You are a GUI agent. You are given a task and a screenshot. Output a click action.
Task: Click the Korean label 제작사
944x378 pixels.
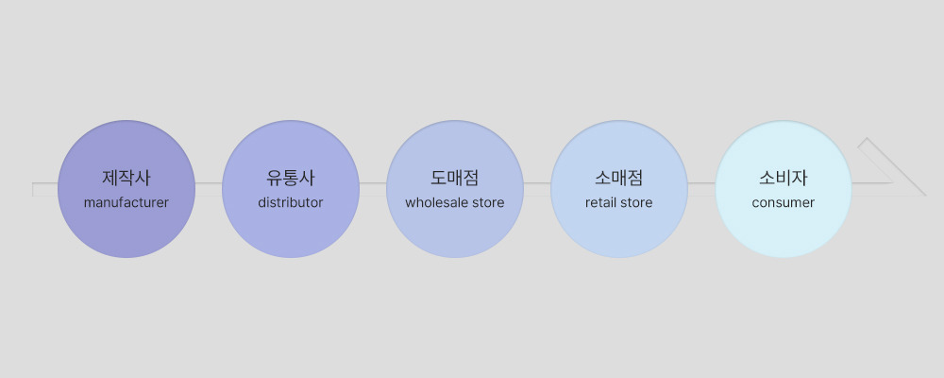click(x=126, y=178)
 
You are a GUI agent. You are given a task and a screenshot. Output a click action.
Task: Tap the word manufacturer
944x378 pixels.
click(x=126, y=202)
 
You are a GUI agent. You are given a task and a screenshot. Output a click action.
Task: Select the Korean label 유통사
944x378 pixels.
click(x=291, y=178)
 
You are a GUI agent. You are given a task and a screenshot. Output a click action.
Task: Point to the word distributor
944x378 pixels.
click(x=291, y=202)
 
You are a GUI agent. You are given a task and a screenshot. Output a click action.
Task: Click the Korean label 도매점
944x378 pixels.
click(x=455, y=178)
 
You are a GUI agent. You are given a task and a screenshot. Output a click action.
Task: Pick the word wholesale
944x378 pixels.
click(x=437, y=202)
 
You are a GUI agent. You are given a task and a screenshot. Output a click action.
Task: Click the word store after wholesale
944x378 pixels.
click(x=488, y=202)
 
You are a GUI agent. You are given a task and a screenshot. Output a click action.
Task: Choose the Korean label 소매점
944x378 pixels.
click(x=619, y=178)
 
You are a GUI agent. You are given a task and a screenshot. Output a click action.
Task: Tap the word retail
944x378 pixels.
click(x=600, y=202)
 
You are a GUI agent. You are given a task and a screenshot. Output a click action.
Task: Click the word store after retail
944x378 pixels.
click(x=635, y=202)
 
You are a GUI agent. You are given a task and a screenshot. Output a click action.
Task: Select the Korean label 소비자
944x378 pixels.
click(x=784, y=178)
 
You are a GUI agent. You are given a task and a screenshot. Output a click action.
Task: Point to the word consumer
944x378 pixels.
click(x=784, y=202)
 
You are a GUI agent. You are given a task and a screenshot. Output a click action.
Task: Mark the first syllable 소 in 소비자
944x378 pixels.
click(x=767, y=178)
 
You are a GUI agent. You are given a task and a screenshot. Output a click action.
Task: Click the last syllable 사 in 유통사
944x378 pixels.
click(x=307, y=178)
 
